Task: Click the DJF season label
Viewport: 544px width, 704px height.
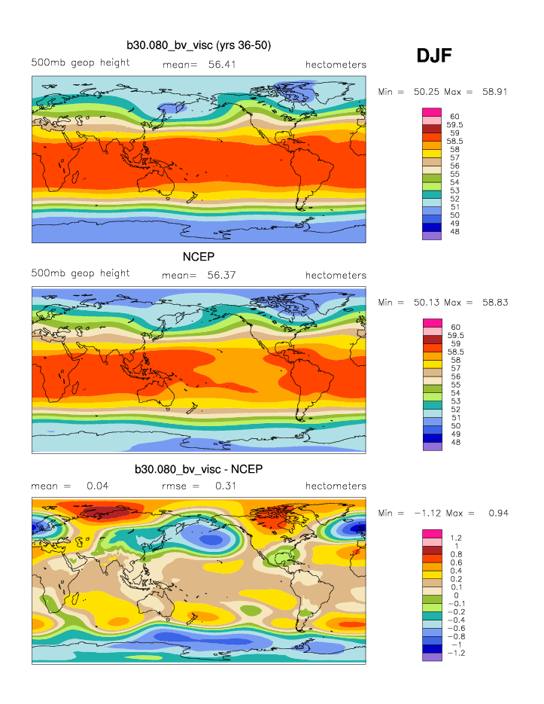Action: tap(433, 55)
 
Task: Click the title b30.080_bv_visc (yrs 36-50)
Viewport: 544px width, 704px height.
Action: tap(199, 46)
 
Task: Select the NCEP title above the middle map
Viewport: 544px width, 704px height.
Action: tap(199, 256)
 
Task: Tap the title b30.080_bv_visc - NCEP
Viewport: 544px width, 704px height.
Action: tap(199, 468)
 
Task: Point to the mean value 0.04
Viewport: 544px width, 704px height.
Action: tap(99, 486)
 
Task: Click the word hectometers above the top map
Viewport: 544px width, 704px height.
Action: tap(336, 65)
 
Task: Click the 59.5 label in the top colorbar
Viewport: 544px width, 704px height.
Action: tap(454, 124)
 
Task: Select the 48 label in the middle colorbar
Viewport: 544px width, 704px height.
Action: tap(454, 443)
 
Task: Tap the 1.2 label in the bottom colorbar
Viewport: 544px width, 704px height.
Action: tap(454, 537)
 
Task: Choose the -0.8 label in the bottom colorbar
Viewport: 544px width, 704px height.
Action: tap(455, 636)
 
